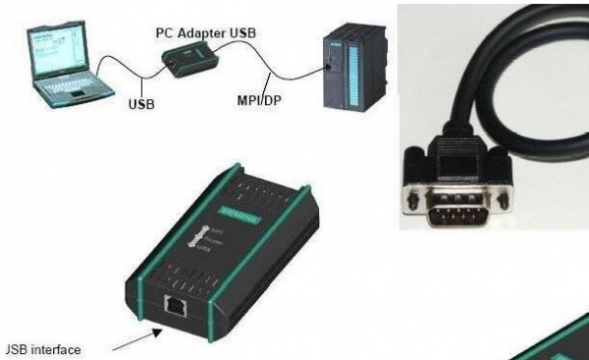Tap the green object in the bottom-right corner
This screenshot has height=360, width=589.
[564, 343]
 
